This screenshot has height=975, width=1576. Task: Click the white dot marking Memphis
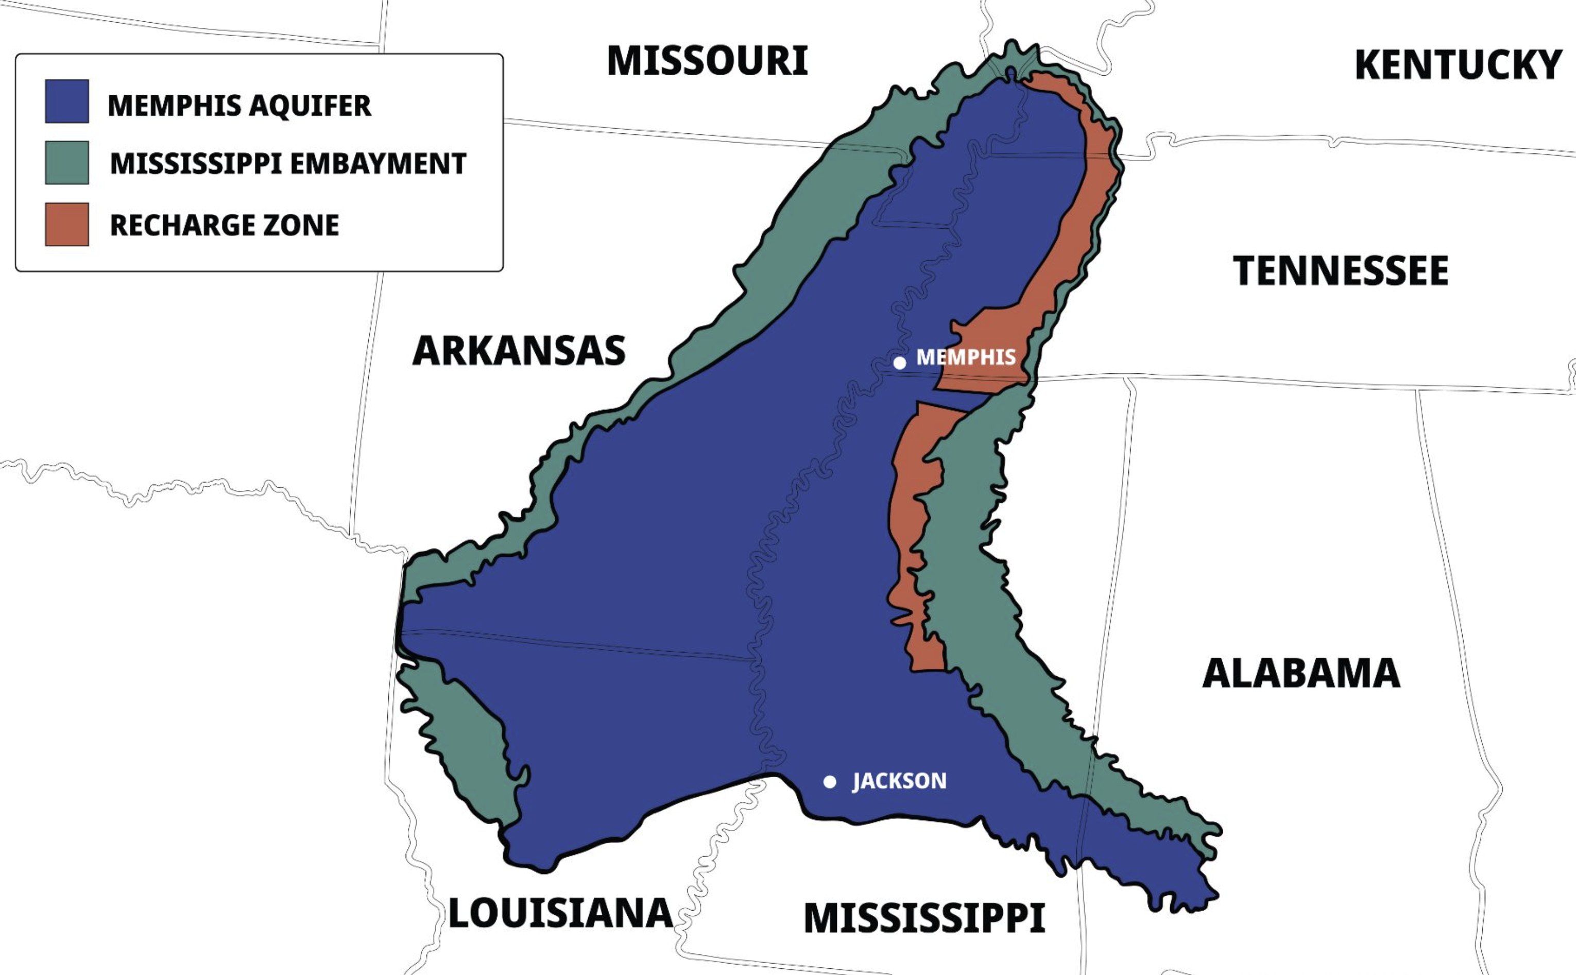[x=900, y=363]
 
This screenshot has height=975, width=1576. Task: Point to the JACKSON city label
[x=900, y=781]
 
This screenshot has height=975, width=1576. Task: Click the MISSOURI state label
[x=707, y=62]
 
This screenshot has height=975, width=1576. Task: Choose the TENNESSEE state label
[x=1341, y=271]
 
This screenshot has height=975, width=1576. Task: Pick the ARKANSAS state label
[x=519, y=351]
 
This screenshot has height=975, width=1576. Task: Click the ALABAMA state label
[x=1301, y=674]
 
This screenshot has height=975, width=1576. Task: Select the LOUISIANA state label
[x=560, y=914]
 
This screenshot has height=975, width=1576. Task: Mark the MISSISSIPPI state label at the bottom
[x=923, y=918]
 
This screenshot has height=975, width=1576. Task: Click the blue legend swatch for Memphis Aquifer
[x=67, y=101]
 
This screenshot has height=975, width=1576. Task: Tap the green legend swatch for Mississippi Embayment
[x=67, y=163]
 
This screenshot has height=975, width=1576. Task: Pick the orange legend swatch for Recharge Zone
[x=67, y=225]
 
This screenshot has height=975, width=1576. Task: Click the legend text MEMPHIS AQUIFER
[x=239, y=106]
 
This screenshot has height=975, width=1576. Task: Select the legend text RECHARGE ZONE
[x=225, y=225]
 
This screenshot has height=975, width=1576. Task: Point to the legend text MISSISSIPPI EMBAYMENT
[x=287, y=164]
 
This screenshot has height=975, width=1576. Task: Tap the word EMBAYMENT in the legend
[x=378, y=164]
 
